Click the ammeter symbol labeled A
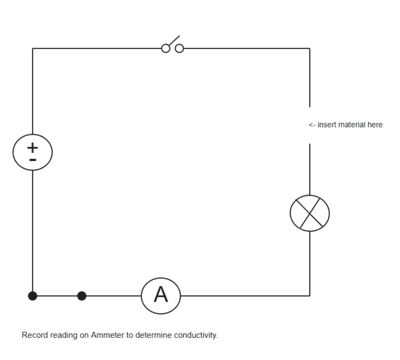point(161,296)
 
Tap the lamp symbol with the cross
point(310,213)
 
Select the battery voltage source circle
point(33,152)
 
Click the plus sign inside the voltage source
point(33,147)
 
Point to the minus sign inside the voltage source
point(33,160)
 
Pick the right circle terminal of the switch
point(179,49)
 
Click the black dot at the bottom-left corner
point(33,296)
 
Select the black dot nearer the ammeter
point(82,296)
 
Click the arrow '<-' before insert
point(312,125)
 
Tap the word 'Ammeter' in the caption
point(107,335)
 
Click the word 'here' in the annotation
point(375,125)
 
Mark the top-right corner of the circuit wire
point(310,48)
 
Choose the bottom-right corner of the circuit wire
point(310,296)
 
